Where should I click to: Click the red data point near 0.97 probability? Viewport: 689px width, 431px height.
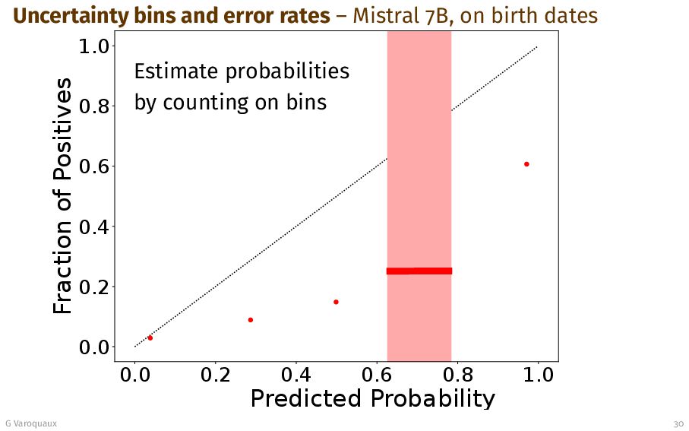pyautogui.click(x=526, y=164)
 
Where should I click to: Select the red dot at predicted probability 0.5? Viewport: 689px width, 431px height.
pyautogui.click(x=336, y=302)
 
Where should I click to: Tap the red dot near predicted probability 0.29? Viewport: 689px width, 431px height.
pyautogui.click(x=251, y=320)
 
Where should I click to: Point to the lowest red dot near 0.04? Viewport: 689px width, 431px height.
pyautogui.click(x=150, y=338)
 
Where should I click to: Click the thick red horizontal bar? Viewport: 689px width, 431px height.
pyautogui.click(x=419, y=271)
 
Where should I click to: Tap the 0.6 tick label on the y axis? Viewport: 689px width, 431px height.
pyautogui.click(x=96, y=166)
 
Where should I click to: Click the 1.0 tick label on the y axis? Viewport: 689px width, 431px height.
pyautogui.click(x=96, y=46)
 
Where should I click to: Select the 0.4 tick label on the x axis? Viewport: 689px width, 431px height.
pyautogui.click(x=296, y=375)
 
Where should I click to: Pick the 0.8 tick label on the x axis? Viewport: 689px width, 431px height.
pyautogui.click(x=457, y=375)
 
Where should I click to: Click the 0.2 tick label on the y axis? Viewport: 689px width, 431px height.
pyautogui.click(x=96, y=287)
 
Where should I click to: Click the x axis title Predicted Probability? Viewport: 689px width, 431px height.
pyautogui.click(x=372, y=398)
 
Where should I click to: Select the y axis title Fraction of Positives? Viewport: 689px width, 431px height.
pyautogui.click(x=64, y=196)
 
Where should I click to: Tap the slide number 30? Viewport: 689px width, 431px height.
pyautogui.click(x=678, y=423)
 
